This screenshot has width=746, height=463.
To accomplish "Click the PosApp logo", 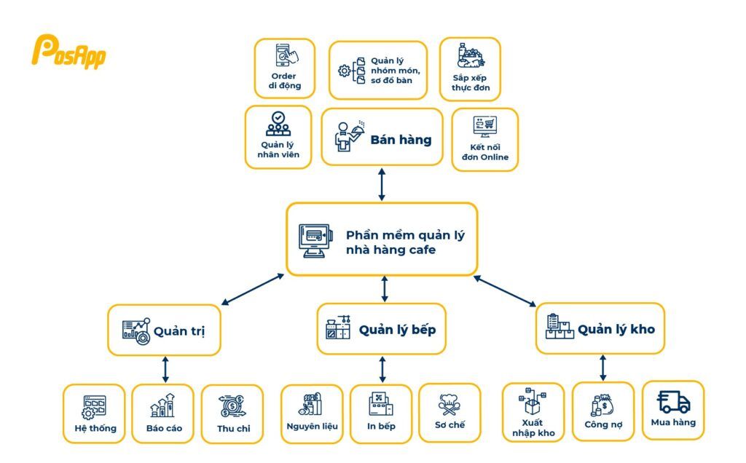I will click(68, 52).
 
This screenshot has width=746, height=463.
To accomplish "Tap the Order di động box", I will click(284, 68).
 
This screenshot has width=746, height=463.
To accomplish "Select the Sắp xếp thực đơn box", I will click(470, 69).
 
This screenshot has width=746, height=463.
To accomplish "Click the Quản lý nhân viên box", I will click(278, 137).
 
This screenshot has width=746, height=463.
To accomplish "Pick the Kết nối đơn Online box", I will click(484, 140).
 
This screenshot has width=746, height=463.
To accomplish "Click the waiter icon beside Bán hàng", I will click(346, 136).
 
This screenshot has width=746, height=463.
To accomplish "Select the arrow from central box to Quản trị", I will click(252, 290).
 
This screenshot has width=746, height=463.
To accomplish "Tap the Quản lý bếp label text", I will click(397, 330).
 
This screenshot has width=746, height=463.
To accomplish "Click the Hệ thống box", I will click(94, 413).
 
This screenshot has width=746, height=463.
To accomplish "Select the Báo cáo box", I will click(163, 413).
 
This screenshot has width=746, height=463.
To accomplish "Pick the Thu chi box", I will click(232, 414).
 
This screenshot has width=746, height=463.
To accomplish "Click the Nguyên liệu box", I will click(311, 413).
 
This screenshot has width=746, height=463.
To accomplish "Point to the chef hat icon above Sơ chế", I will click(449, 403).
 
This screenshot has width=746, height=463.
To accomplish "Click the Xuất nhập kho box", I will click(533, 412).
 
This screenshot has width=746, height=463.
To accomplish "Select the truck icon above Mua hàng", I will click(673, 402).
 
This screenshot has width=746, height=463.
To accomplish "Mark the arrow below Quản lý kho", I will click(602, 368).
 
